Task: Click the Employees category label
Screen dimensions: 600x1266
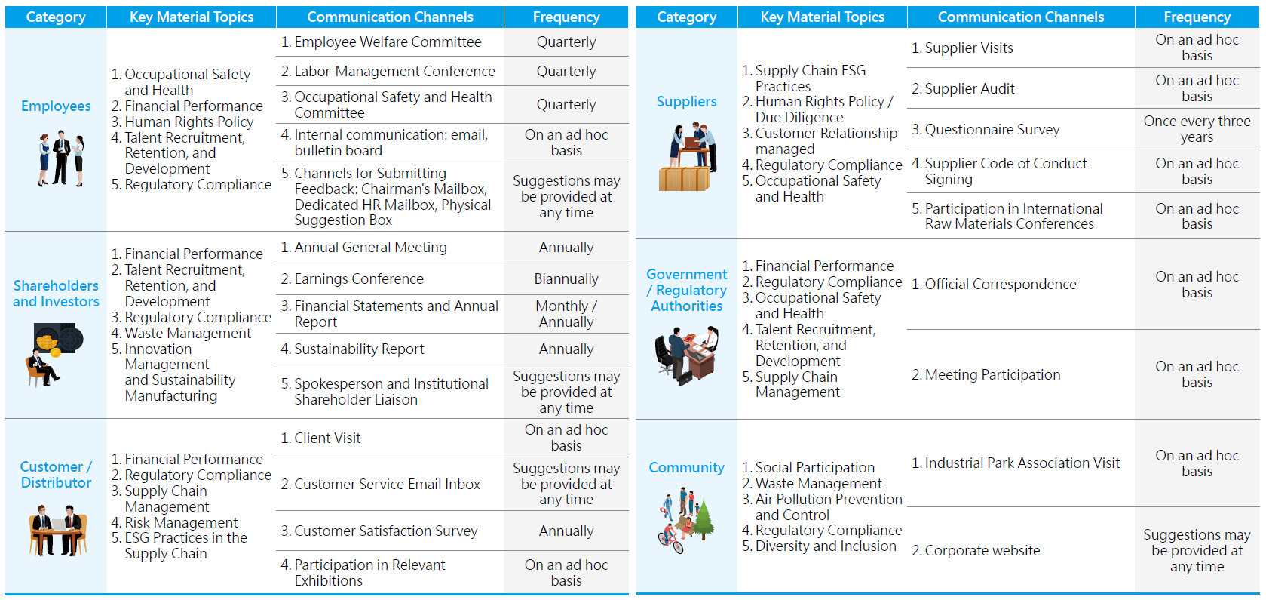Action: click(56, 106)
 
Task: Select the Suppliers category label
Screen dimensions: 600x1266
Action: click(686, 101)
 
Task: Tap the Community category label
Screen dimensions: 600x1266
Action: click(686, 467)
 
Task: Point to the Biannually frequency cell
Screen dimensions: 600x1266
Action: click(566, 279)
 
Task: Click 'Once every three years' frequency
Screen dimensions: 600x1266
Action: click(1197, 129)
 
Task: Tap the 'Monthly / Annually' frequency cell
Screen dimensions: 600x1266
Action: click(566, 314)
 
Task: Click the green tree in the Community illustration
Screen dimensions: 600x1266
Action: click(704, 520)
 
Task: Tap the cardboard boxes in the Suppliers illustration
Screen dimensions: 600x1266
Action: click(683, 179)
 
